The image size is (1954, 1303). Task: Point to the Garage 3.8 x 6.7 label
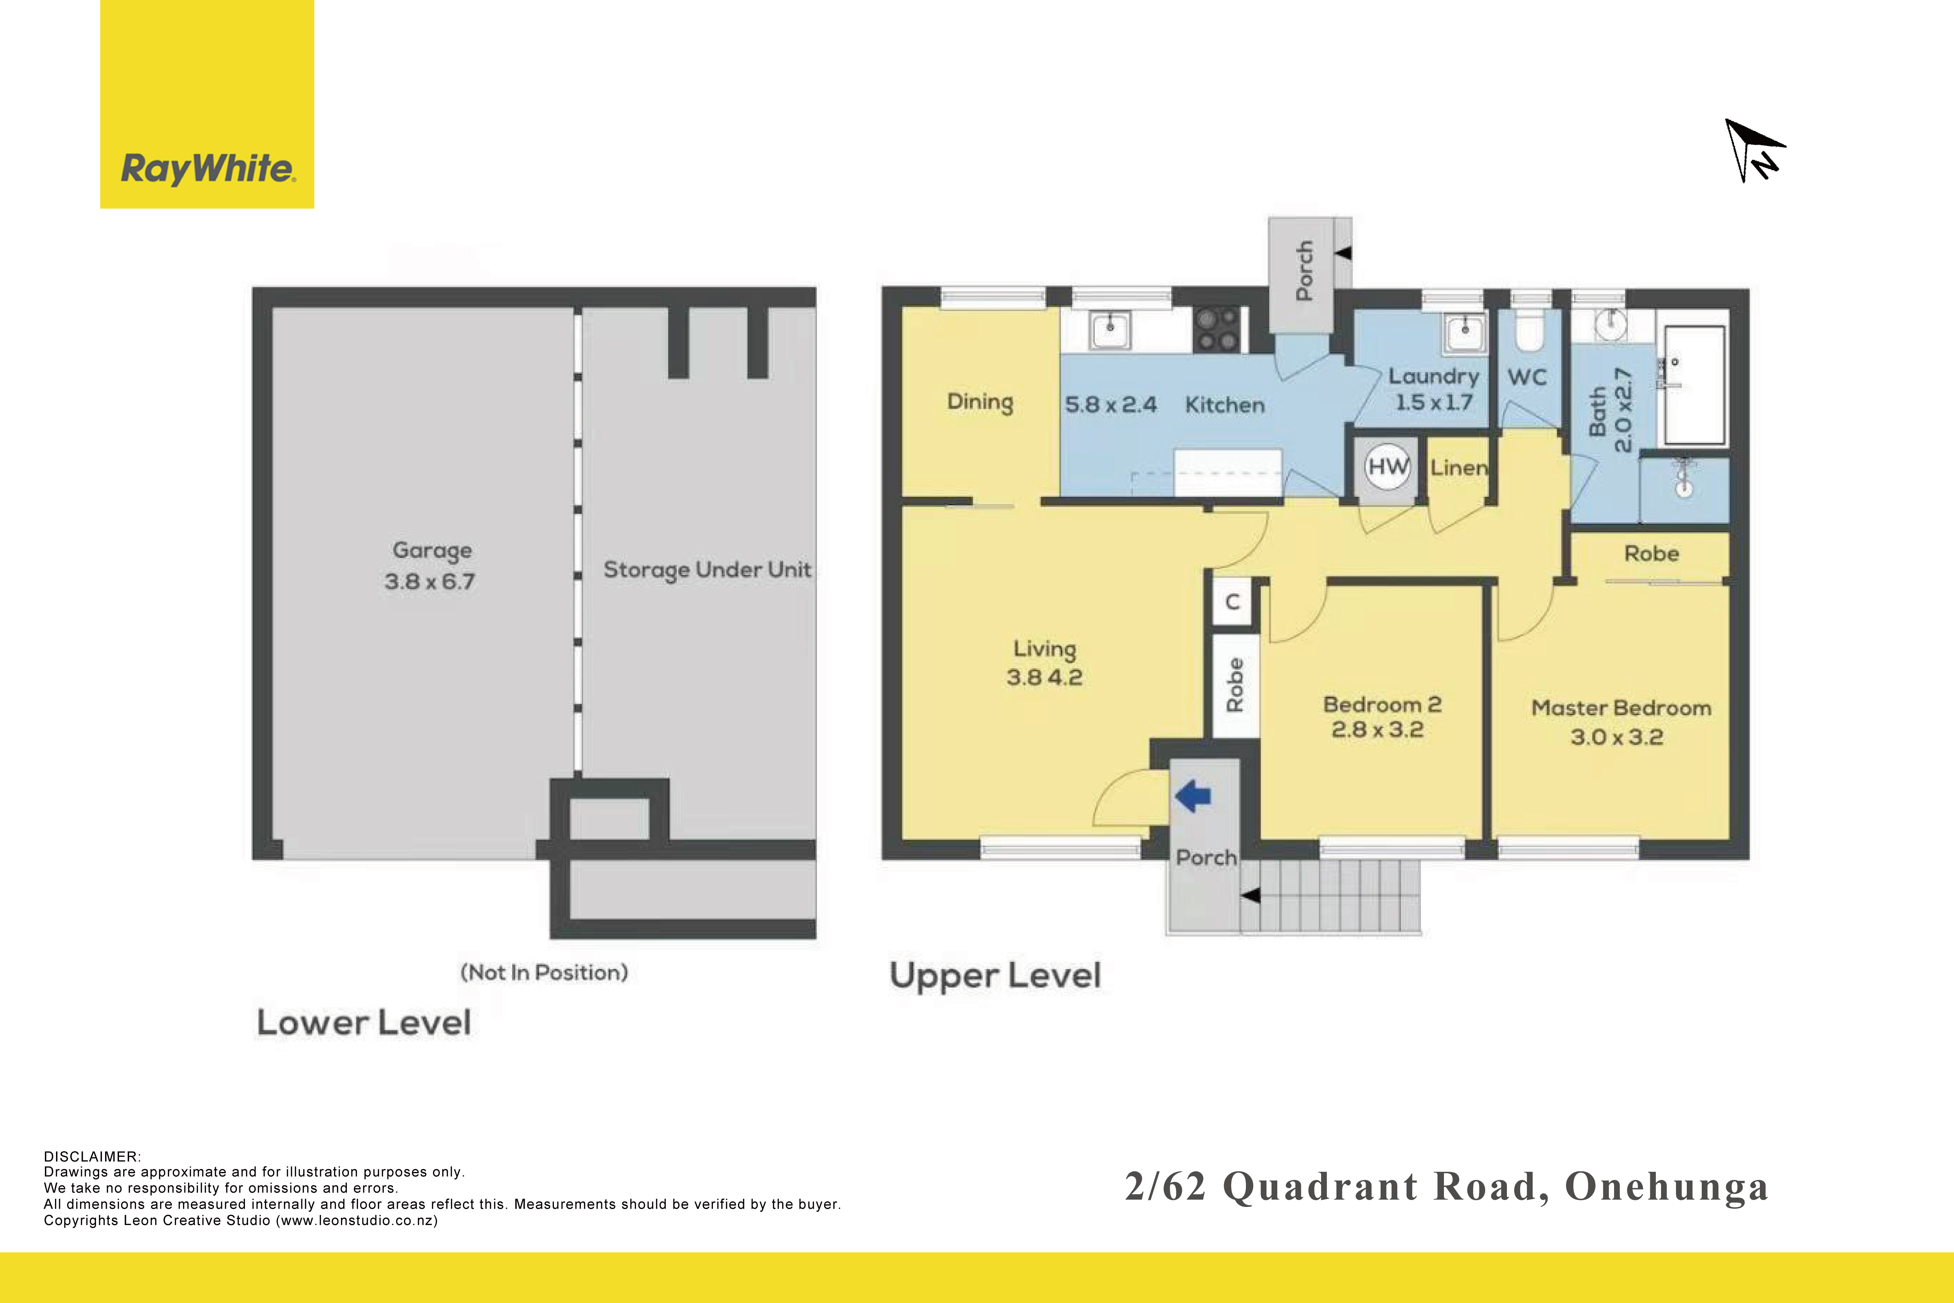click(430, 565)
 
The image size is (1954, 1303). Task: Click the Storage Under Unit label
click(707, 570)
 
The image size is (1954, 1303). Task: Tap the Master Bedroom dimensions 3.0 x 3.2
click(1617, 737)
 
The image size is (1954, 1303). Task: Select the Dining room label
click(980, 402)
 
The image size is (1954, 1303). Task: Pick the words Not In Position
click(544, 972)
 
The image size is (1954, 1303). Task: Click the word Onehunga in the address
click(1667, 1187)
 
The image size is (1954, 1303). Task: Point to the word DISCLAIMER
click(92, 1157)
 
